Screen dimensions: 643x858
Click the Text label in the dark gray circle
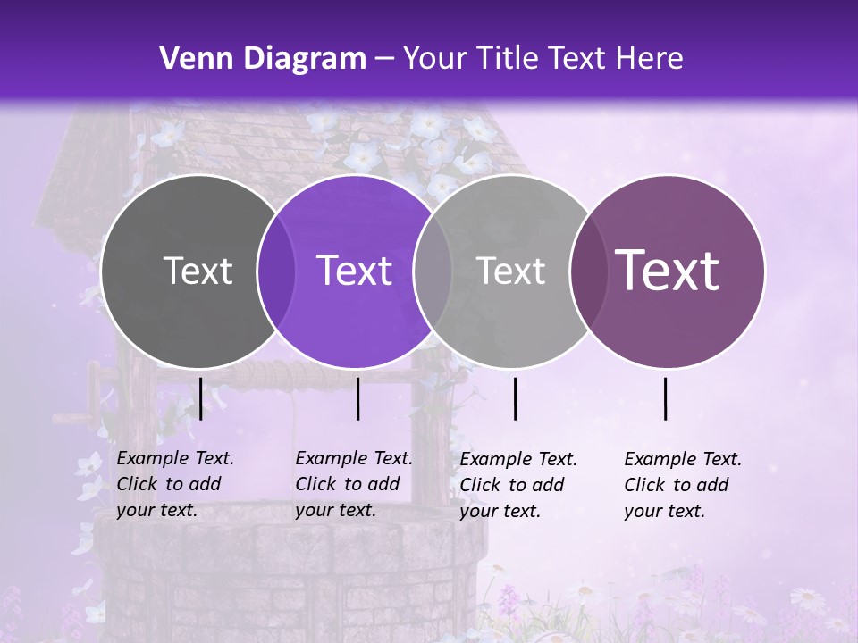click(x=198, y=271)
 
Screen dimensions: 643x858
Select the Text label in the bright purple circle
click(x=355, y=271)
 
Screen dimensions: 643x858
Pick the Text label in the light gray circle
click(x=510, y=271)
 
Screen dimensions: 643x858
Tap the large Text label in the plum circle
click(x=668, y=270)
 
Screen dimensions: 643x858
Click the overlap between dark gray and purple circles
click(x=276, y=271)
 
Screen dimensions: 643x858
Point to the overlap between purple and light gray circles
click(x=433, y=271)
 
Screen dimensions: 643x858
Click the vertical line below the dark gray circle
click(x=200, y=398)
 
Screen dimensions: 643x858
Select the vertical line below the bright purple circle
click(x=357, y=398)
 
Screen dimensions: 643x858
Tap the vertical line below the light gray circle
click(x=515, y=398)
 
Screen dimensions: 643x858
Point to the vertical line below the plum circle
click(x=666, y=398)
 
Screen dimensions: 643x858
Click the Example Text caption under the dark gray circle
click(x=174, y=484)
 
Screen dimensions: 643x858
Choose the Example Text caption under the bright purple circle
click(x=353, y=484)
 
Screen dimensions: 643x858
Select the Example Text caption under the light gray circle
click(x=517, y=485)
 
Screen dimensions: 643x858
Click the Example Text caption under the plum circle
click(x=682, y=485)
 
